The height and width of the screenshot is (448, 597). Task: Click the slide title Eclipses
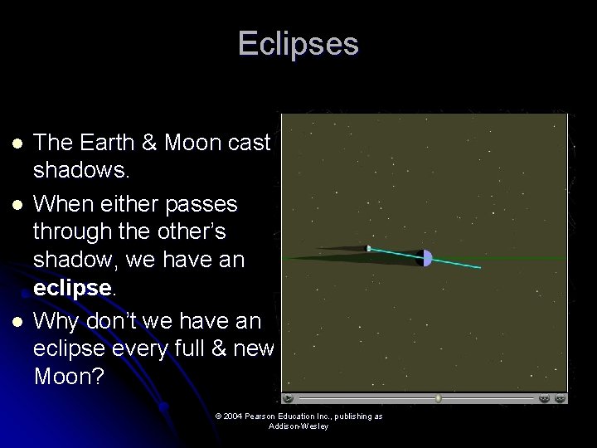298,43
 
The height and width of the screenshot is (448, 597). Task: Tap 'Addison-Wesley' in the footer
298,426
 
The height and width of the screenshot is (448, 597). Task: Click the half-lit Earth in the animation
425,258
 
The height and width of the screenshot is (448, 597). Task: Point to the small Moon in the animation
368,247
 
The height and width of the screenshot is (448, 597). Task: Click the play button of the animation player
288,398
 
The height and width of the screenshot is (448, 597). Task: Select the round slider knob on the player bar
439,398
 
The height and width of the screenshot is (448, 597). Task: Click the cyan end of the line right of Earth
479,267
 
